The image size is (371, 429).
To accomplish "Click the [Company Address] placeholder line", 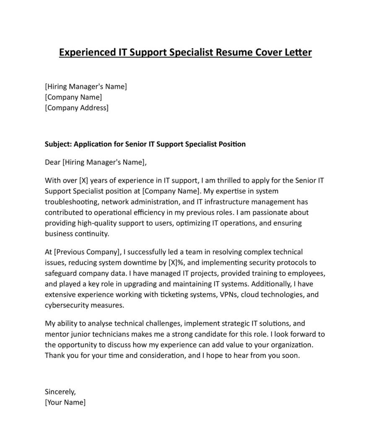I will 76,108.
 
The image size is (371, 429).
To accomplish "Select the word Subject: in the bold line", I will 58,144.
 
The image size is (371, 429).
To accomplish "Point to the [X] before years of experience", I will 84,181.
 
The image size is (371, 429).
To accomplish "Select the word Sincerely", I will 60,392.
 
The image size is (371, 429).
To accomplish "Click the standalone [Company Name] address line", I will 73,97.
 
